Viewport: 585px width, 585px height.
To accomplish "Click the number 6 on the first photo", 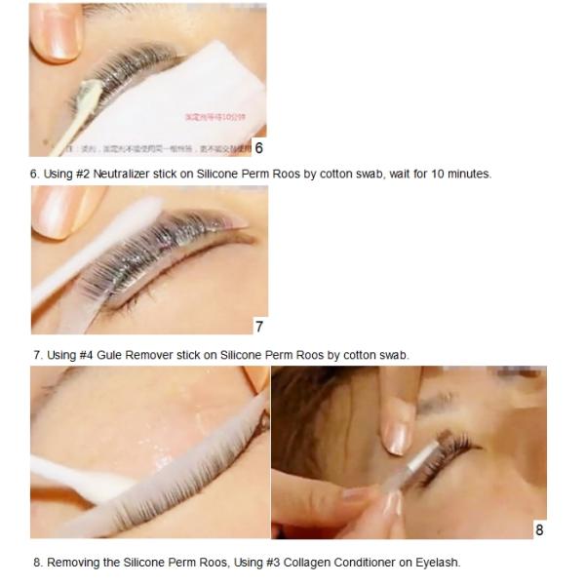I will coord(258,148).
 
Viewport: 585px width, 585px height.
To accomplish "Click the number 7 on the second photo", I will coord(258,327).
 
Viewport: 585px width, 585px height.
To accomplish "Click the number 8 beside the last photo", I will coord(539,530).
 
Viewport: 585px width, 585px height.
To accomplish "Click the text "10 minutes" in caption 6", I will coord(463,174).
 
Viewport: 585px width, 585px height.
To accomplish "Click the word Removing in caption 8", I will coord(70,563).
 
